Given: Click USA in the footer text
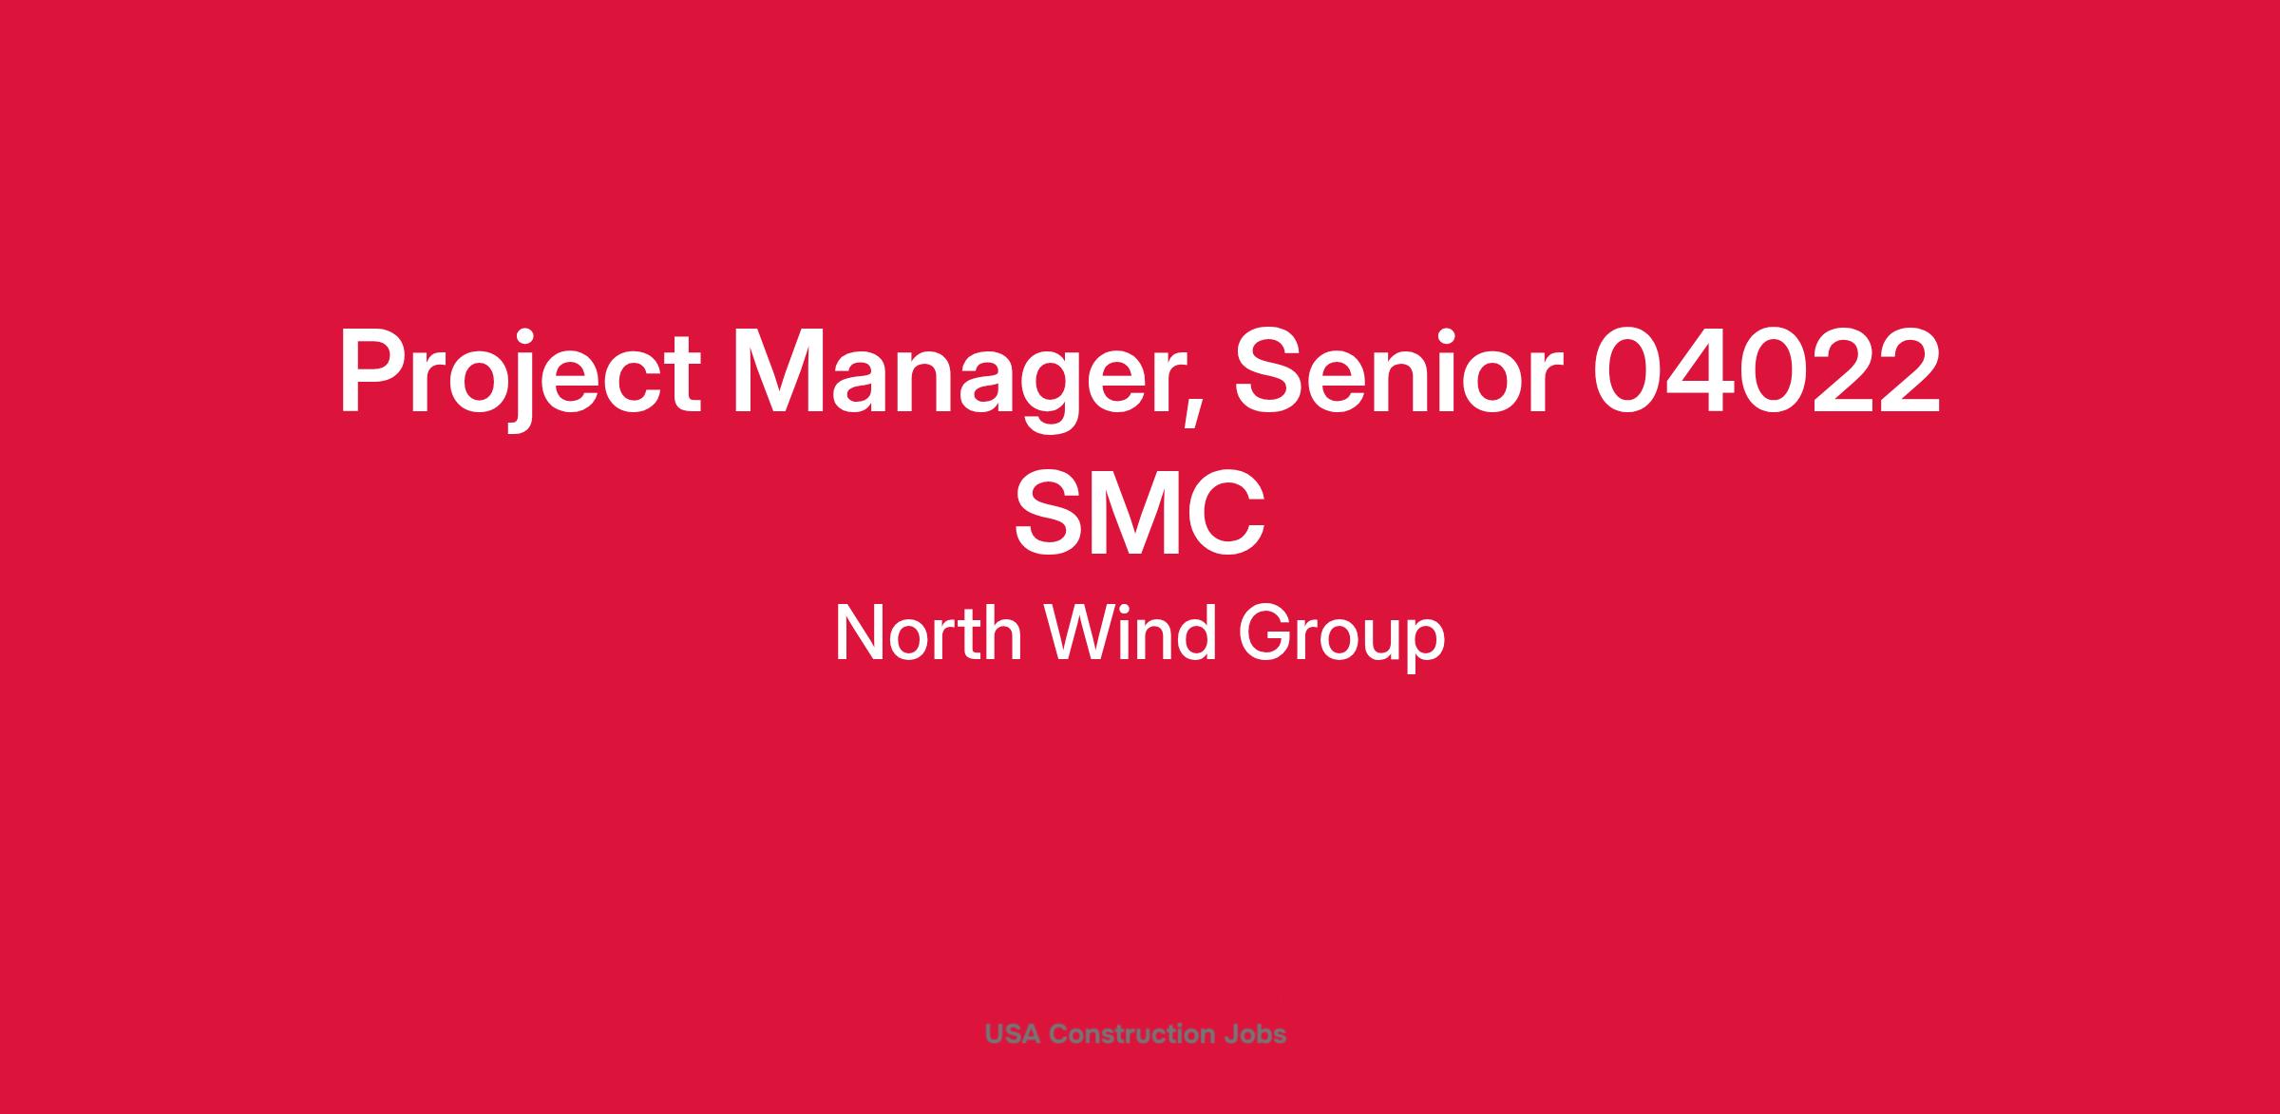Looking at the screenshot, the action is pyautogui.click(x=1014, y=1033).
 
